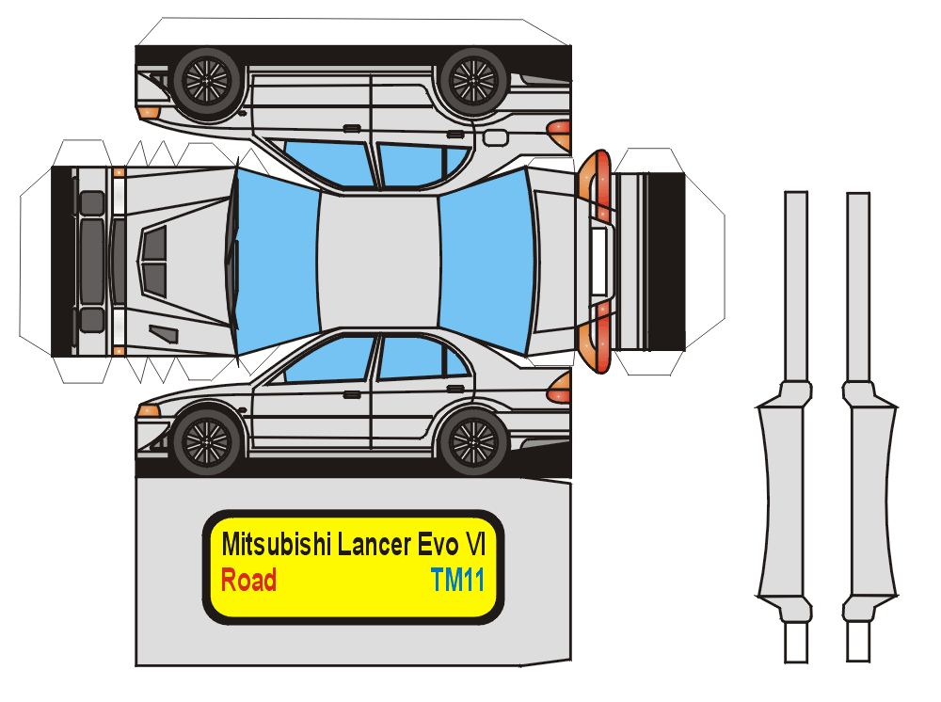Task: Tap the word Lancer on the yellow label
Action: [x=375, y=545]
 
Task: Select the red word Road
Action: [x=248, y=581]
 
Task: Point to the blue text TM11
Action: [x=457, y=581]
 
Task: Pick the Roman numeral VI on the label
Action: [x=476, y=545]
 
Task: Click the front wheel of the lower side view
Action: [x=207, y=440]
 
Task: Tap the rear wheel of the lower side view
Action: [x=473, y=440]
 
